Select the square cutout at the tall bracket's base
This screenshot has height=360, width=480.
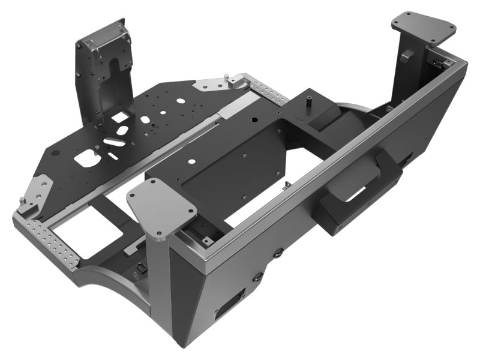[119, 116]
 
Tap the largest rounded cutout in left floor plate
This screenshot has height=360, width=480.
[88, 159]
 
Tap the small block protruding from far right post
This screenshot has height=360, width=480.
[406, 56]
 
